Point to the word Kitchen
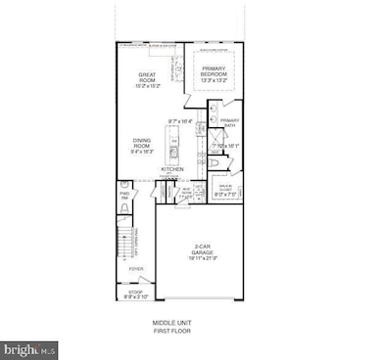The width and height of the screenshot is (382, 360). click(x=174, y=168)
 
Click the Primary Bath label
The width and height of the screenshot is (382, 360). click(x=228, y=123)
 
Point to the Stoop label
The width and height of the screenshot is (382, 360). click(x=134, y=291)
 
